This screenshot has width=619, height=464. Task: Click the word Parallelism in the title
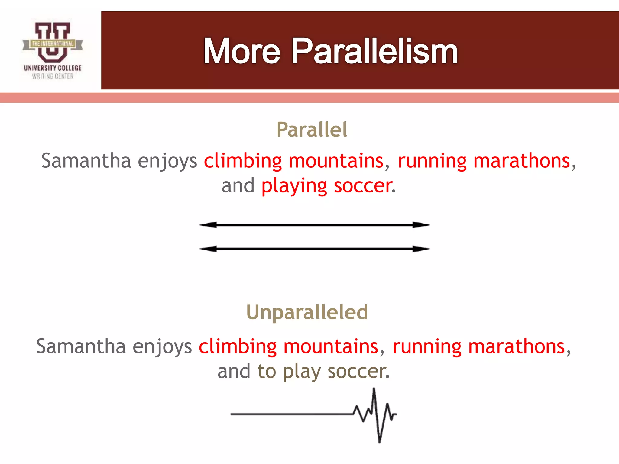coord(374,51)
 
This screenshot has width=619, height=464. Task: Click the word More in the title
coord(242,51)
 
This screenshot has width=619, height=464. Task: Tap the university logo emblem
coord(52,42)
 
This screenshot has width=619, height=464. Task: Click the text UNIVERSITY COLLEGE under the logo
coord(53,68)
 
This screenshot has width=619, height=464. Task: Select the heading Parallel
coord(312,130)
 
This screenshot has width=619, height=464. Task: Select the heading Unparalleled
coord(307,312)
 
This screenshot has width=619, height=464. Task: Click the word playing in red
coord(294,186)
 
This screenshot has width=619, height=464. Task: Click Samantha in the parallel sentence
coord(86,161)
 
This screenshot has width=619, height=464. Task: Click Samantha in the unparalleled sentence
coord(81,346)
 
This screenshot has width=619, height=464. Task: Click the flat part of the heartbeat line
coord(290,414)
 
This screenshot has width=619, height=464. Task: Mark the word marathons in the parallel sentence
coord(521,161)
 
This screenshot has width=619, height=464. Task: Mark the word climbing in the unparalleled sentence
coord(238,346)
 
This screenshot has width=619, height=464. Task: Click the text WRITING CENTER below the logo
coord(53,76)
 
